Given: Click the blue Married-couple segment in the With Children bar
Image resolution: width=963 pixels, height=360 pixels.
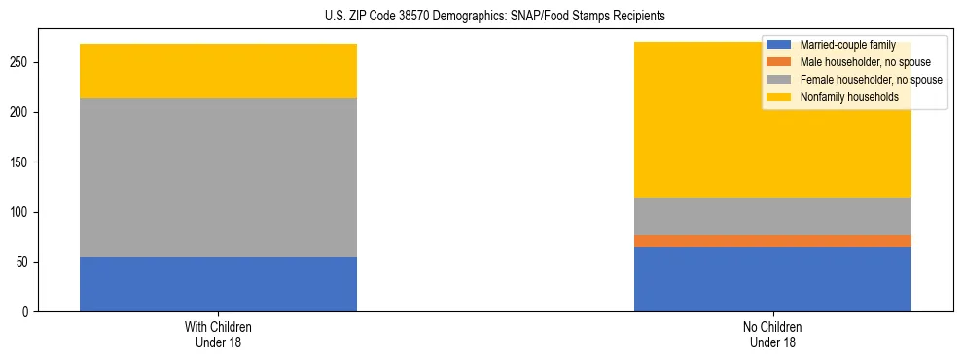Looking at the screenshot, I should click(218, 284).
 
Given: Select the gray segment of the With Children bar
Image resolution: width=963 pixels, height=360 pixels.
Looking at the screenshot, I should click(218, 178).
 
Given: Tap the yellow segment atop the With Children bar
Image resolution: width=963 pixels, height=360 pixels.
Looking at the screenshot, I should click(218, 71).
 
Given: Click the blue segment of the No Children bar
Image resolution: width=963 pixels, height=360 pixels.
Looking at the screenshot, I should click(772, 279).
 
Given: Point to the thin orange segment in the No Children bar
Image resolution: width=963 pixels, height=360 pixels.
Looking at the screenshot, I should click(772, 241).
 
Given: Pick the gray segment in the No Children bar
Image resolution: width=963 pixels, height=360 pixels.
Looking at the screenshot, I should click(772, 216).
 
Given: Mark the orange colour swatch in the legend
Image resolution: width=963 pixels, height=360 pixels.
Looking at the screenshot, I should click(779, 62).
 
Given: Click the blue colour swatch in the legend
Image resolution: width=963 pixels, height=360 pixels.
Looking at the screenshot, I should click(779, 45).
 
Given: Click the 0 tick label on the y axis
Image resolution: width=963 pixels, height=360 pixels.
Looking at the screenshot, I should click(28, 312).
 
